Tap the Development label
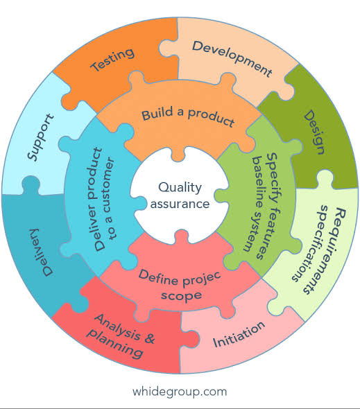(x=232, y=59)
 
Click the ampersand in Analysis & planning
(x=149, y=338)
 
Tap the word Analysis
(x=118, y=327)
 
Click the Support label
(x=41, y=137)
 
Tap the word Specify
(x=274, y=178)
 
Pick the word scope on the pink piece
(x=181, y=295)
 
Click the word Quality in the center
(x=180, y=188)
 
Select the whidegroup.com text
(x=180, y=392)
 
